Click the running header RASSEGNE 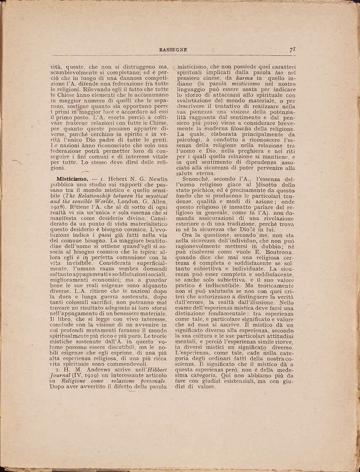click(x=173, y=50)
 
